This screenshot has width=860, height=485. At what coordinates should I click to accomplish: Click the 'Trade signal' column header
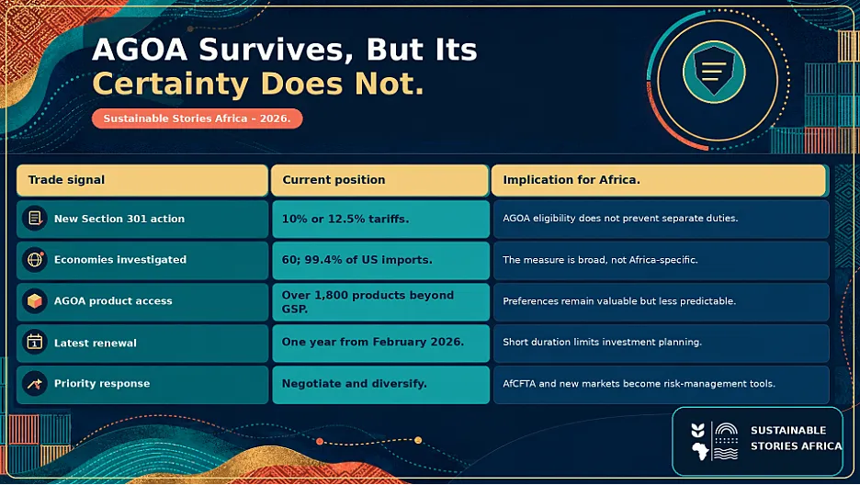coord(142,180)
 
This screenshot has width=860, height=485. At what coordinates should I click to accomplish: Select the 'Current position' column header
coord(379,180)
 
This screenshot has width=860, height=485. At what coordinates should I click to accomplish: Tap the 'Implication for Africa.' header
coord(659,180)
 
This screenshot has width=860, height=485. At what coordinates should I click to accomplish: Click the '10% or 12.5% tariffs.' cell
coord(380,220)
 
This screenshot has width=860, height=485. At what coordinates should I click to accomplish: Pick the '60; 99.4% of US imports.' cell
coord(380,260)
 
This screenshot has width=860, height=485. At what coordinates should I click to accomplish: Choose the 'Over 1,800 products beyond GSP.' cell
coord(380,302)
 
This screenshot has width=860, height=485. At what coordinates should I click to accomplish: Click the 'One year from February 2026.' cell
coord(380,343)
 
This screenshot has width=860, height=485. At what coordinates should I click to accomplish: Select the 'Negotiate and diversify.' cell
coord(380,385)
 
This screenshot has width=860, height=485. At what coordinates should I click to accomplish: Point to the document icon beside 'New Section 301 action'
coord(35,218)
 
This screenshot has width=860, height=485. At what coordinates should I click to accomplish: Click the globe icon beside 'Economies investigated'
coord(35,259)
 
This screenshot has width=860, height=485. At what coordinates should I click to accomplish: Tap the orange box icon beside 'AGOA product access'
coord(35,301)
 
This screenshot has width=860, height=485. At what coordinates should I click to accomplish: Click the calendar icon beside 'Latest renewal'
coord(35,343)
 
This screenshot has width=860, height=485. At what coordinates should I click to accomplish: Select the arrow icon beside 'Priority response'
coord(35,384)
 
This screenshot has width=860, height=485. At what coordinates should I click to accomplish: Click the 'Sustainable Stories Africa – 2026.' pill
coord(197,118)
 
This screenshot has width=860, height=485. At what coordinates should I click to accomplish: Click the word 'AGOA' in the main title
coord(140,50)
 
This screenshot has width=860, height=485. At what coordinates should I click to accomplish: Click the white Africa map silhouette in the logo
coord(699,451)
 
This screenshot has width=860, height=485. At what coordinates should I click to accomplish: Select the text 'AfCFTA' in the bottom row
coord(519,384)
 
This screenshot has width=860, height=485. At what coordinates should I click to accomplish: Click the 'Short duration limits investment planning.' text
coord(602,342)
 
